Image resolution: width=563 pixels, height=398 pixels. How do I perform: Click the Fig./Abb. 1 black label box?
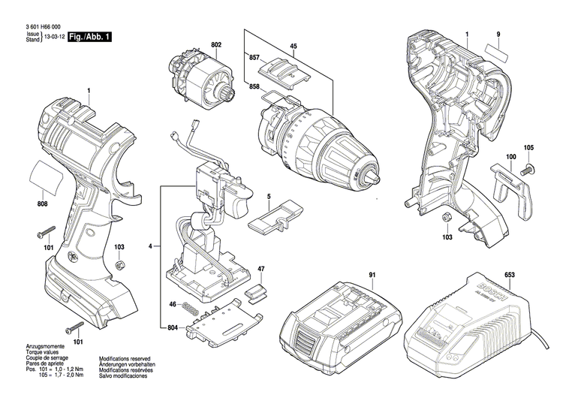90,36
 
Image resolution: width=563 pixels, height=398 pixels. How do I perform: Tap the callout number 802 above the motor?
216,44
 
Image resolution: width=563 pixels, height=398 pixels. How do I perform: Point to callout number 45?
294,47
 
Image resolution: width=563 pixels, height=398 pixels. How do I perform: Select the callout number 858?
254,88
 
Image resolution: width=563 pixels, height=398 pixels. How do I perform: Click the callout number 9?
497,35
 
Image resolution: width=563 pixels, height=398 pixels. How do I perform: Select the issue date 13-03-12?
53,37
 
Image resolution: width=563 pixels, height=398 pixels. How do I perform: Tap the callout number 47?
261,269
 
